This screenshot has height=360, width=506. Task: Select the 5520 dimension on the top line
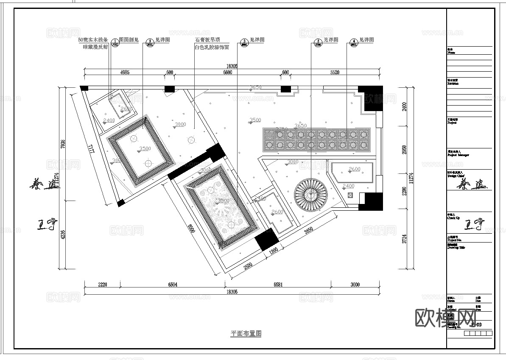tap(335, 73)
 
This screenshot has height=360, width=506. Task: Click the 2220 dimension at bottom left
tap(102, 285)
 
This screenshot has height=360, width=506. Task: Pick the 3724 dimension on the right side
tap(405, 239)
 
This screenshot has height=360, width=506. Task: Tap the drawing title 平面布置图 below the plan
tap(246, 334)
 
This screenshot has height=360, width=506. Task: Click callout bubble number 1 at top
tap(115, 42)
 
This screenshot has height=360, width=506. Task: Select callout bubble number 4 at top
tap(354, 42)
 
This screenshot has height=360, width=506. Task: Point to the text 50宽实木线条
tap(93, 40)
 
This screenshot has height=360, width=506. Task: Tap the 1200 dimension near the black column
tap(274, 251)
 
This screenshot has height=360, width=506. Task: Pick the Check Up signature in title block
tap(474, 225)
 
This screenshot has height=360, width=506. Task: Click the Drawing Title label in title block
tap(456, 248)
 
